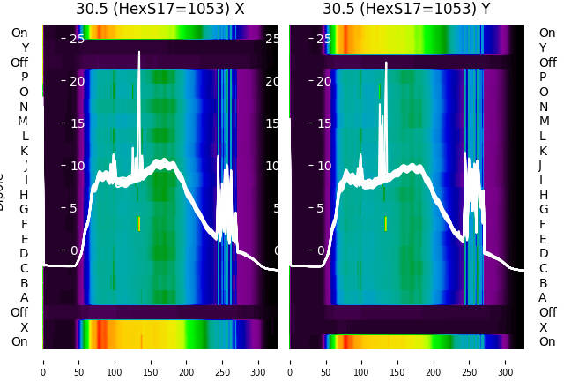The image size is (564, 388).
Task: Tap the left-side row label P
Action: [24, 78]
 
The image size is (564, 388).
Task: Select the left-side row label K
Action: [24, 151]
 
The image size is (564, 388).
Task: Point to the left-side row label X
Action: [24, 327]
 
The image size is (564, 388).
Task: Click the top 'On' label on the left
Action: [19, 34]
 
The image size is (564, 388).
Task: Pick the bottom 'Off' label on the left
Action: [19, 312]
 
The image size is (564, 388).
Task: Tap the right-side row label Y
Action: [543, 48]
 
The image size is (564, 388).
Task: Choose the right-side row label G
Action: [543, 210]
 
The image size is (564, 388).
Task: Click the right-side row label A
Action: [543, 298]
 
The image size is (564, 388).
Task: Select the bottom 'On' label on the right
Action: [547, 342]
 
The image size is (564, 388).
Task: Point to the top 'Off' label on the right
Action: [547, 63]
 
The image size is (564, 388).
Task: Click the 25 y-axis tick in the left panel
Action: [78, 39]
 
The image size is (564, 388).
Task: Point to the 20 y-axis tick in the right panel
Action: [324, 81]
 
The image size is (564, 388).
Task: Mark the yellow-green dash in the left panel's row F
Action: [139, 224]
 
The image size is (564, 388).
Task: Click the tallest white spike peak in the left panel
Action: [139, 53]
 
